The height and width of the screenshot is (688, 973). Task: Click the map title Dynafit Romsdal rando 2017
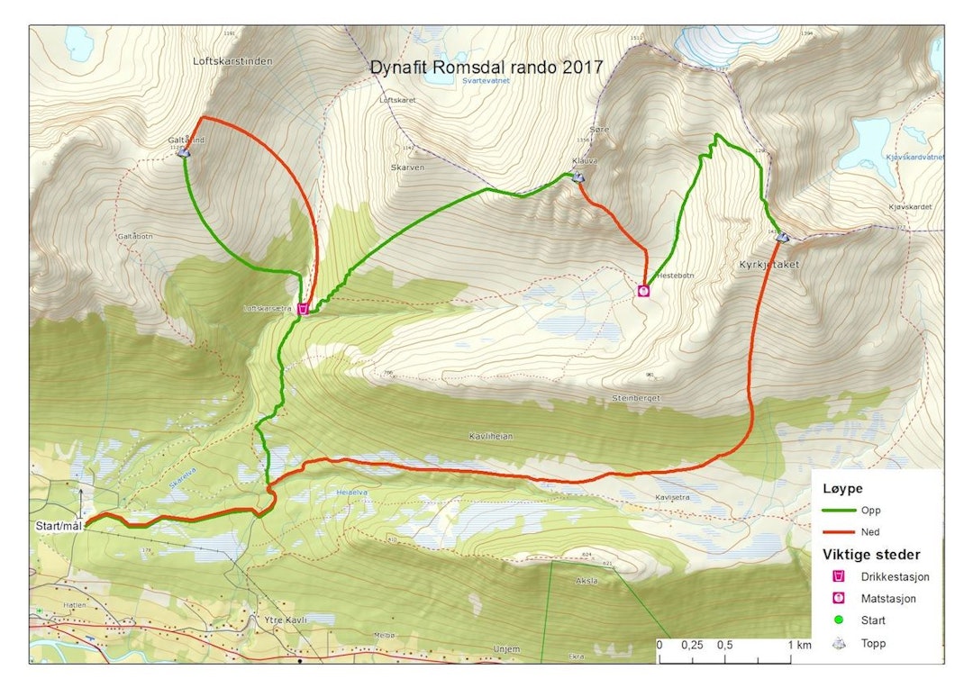coord(486,67)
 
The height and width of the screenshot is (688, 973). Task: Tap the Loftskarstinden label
coord(232,61)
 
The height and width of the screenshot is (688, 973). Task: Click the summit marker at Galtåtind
coord(184,152)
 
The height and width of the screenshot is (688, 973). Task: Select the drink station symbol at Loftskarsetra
coord(305,309)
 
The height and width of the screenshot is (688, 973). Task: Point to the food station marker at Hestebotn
coord(643,290)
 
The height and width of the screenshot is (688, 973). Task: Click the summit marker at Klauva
coord(577,177)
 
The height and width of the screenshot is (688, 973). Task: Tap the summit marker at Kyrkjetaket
coord(782,237)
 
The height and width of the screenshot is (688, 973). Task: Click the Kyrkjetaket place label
coord(768,265)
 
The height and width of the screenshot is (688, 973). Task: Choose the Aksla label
coord(587,581)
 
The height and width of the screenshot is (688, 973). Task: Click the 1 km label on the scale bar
coord(797,646)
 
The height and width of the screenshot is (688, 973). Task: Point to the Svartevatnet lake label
coord(486,80)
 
